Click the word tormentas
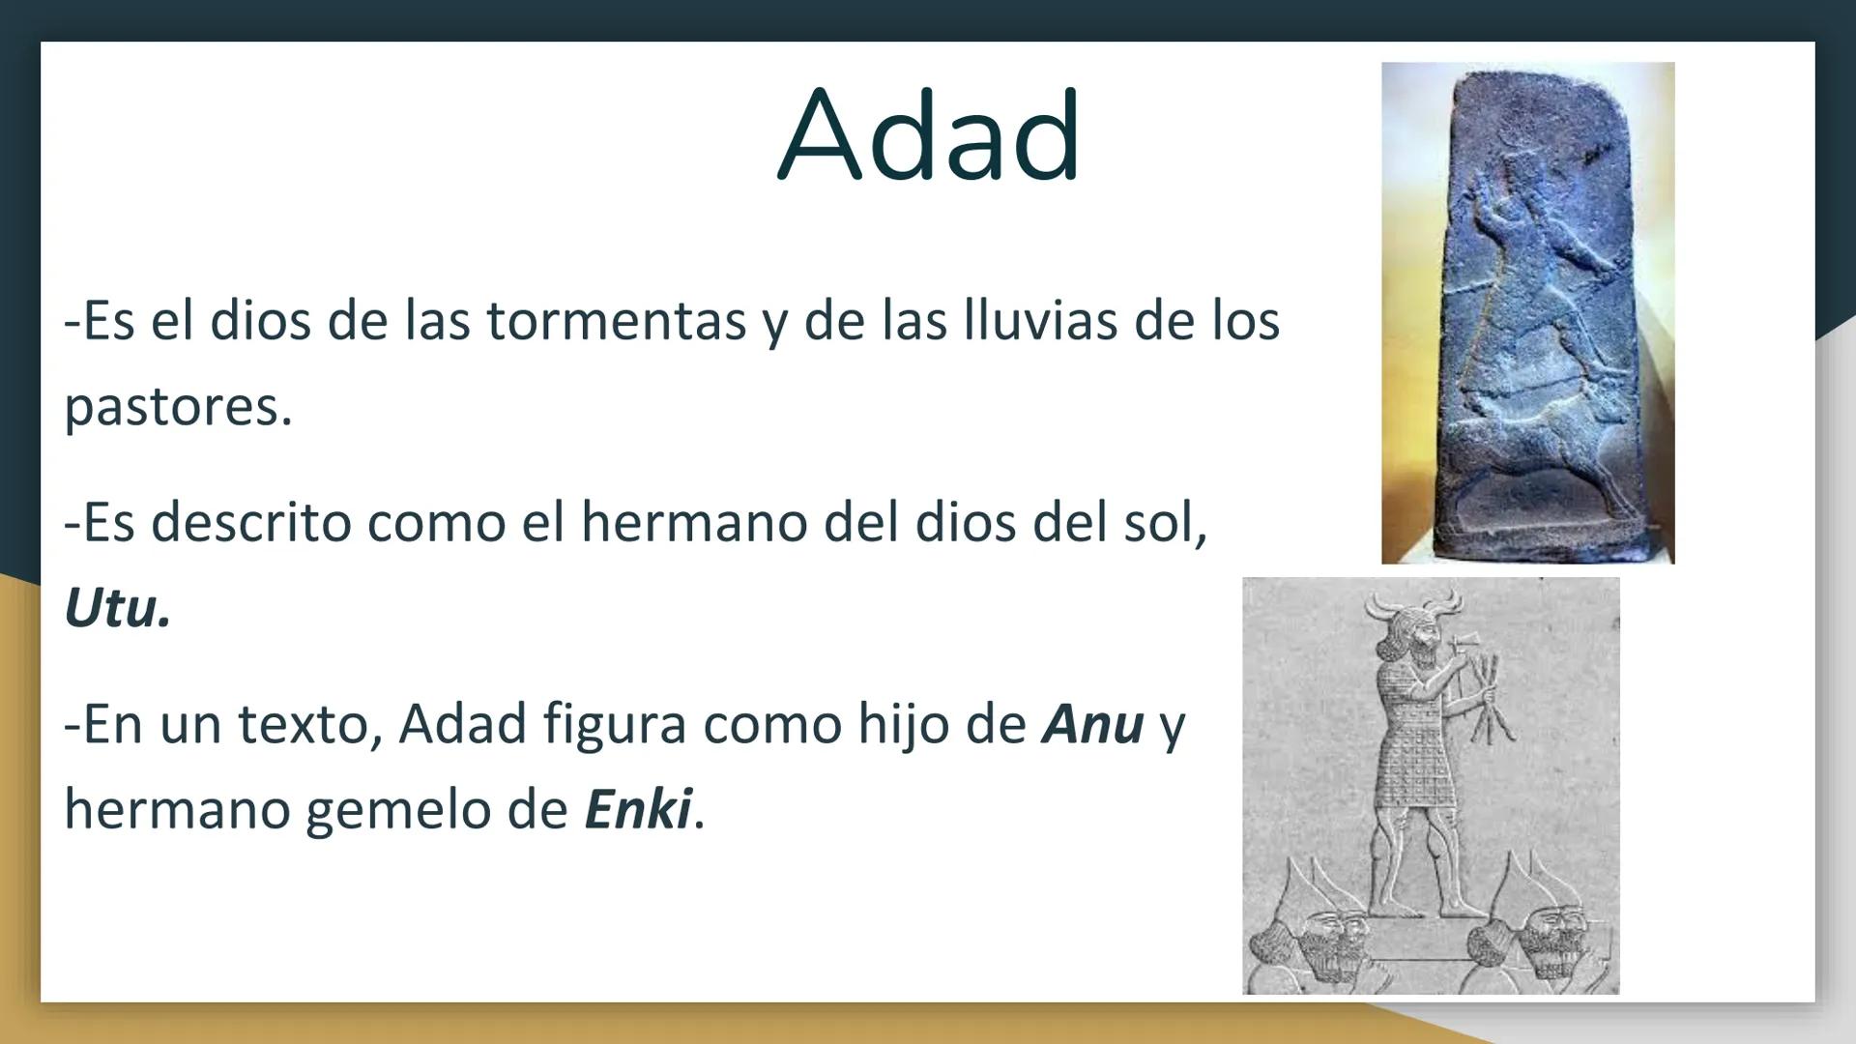(x=616, y=321)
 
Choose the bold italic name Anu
(x=1092, y=723)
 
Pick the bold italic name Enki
(x=638, y=809)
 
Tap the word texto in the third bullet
(x=309, y=723)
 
